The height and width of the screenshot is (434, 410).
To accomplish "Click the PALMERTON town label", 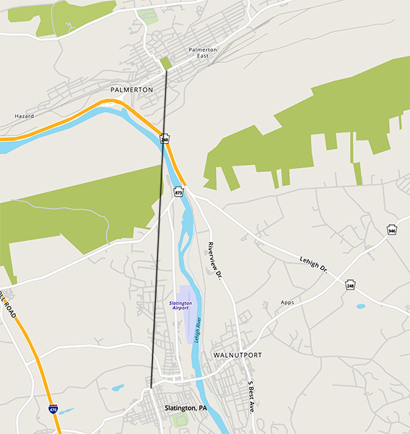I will tap(131, 90).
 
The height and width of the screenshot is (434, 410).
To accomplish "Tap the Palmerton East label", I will tap(203, 53).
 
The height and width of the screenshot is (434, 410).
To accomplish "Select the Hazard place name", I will tap(25, 116).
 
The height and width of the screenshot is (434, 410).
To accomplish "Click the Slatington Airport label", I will tap(180, 305).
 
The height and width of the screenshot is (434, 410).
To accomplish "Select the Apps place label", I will tap(288, 302).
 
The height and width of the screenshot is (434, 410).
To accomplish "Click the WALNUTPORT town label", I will tap(238, 356).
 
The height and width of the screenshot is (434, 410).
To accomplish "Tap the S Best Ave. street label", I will tap(251, 396).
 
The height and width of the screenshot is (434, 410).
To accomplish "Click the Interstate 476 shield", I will tap(53, 409).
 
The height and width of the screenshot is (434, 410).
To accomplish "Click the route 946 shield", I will tap(392, 230).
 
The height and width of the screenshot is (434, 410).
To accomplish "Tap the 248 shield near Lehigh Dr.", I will tap(351, 285).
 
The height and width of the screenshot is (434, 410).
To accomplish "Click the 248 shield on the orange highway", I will tap(165, 138).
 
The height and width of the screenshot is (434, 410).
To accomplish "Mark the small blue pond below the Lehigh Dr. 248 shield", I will tap(361, 306).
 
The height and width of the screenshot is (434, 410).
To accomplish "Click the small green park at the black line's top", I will tap(165, 63).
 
